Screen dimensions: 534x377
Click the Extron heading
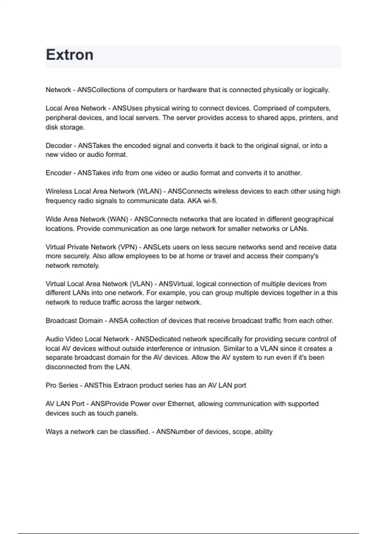70,55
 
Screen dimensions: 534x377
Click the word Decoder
59,146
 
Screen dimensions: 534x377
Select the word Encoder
59,173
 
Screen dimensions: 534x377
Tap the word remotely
86,266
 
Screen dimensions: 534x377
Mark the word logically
316,90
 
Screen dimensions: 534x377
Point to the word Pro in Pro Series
51,385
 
